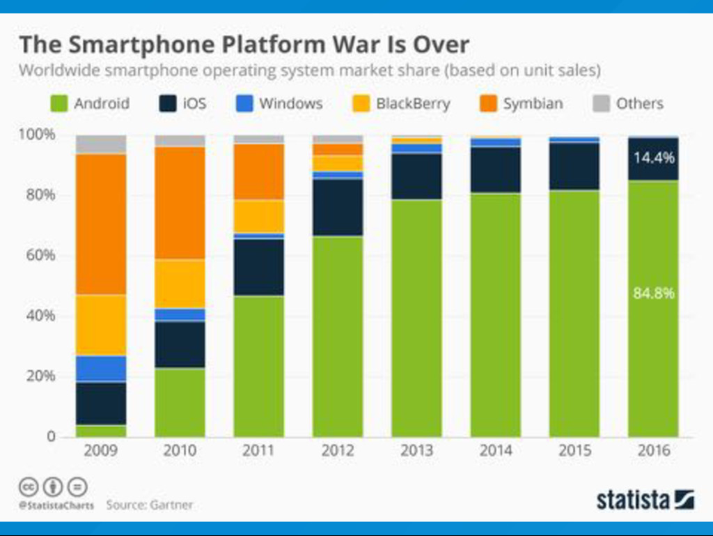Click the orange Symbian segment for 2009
coord(101,224)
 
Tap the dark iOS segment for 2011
coord(259,267)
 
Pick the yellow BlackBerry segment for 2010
coord(180,284)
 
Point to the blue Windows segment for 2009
coord(101,369)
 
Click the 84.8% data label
coord(653,293)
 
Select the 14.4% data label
coord(653,158)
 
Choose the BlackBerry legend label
coord(413,104)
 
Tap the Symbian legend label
coord(533,104)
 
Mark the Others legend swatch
coord(600,104)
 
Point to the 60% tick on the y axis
coord(41,255)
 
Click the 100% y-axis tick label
coord(38,134)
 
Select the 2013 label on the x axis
coord(416,451)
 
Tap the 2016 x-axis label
coord(653,451)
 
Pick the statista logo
coord(645,500)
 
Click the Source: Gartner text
coord(150,504)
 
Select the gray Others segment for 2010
coord(180,140)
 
